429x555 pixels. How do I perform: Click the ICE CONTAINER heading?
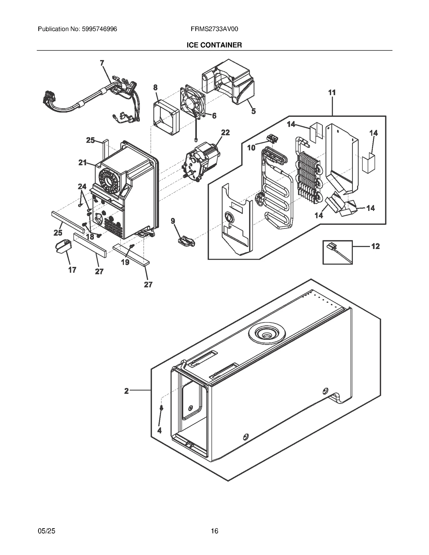coord(214,45)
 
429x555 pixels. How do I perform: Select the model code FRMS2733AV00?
coord(214,29)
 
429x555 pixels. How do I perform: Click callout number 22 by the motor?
coord(225,132)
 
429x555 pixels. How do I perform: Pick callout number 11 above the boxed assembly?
coord(332,93)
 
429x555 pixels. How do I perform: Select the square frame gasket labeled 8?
coord(166,118)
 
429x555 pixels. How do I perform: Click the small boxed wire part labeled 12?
coord(337,252)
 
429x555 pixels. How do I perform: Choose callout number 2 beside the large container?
coord(127,391)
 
